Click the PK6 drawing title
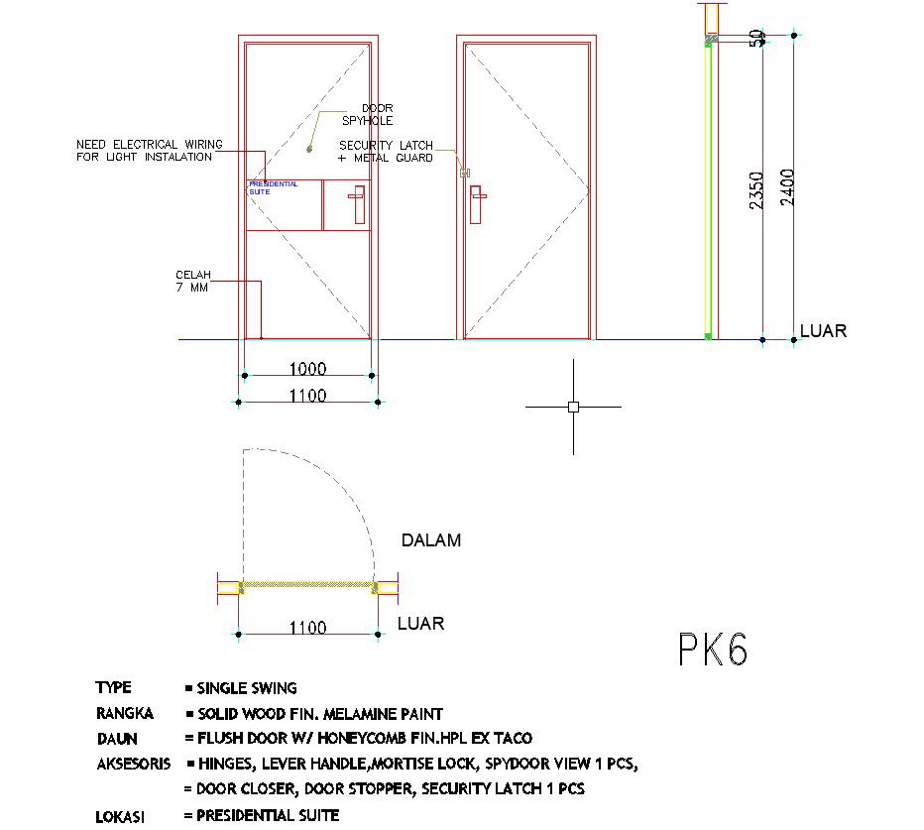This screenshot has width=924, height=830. click(x=712, y=651)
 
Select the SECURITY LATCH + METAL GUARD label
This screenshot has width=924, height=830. click(x=386, y=151)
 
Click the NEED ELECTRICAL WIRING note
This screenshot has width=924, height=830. click(x=149, y=151)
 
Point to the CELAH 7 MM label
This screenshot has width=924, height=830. click(x=193, y=282)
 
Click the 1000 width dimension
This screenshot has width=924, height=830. click(x=307, y=369)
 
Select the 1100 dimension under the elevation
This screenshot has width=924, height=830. click(x=307, y=396)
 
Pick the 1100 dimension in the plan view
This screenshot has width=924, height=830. click(x=307, y=627)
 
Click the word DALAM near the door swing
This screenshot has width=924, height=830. click(x=430, y=540)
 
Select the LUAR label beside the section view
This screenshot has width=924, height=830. click(x=823, y=331)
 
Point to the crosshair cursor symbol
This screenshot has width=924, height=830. click(x=573, y=407)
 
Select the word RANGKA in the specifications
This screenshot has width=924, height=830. click(x=124, y=713)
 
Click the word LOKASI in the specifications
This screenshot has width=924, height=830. click(x=120, y=817)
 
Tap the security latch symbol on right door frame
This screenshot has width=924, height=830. click(x=463, y=174)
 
